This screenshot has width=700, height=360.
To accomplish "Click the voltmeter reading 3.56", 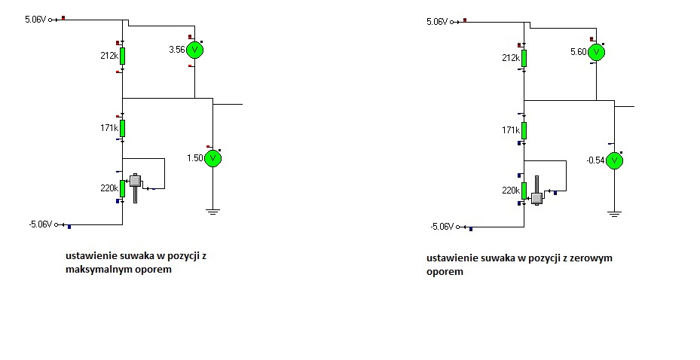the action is tap(194, 50).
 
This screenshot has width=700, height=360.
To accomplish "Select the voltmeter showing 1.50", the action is tap(213, 158).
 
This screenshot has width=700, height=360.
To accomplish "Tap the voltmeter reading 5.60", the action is tap(597, 52).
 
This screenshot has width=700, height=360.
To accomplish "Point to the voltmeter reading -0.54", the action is tap(614, 160).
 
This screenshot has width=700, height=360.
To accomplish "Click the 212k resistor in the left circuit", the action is tap(122, 56).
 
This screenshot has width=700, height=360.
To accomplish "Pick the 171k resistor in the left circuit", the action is tap(122, 129).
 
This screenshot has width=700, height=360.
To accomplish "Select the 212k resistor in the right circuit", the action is tap(524, 59).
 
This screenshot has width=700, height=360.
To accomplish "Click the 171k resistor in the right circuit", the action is tap(524, 131).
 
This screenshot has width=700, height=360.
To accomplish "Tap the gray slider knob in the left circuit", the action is tap(135, 181).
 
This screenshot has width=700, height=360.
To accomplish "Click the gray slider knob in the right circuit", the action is tap(537, 198).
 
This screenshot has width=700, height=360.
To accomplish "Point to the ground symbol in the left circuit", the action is tap(213, 212).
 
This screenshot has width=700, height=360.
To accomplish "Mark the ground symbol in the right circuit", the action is tap(615, 214).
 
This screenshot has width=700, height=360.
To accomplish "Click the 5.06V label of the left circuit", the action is tap(35, 20).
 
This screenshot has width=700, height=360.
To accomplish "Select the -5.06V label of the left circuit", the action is tap(41, 224).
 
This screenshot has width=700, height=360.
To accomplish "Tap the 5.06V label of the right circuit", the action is tap(437, 22).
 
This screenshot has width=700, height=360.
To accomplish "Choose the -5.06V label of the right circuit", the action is tap(442, 227).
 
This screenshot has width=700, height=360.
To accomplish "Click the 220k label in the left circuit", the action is tap(109, 188).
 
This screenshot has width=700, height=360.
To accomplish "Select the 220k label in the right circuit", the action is tap(511, 191).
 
